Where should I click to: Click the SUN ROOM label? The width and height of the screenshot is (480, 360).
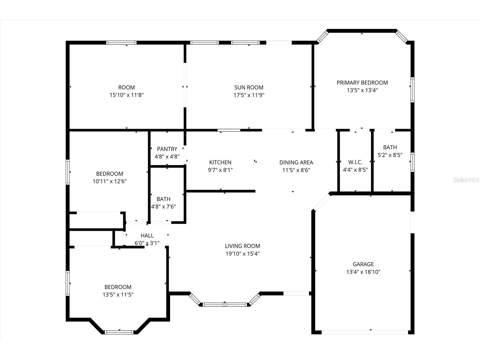(249, 87)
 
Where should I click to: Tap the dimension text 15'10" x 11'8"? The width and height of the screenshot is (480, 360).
(126, 95)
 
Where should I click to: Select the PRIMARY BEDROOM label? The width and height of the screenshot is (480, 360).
(362, 83)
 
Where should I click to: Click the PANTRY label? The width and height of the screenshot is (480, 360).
(167, 149)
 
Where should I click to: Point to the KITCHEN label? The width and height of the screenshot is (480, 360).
(220, 162)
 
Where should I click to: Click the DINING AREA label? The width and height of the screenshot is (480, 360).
(296, 162)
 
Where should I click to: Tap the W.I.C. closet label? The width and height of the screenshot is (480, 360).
(355, 162)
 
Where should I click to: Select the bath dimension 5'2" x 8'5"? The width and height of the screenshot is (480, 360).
(390, 155)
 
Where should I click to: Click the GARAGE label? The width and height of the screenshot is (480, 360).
(363, 264)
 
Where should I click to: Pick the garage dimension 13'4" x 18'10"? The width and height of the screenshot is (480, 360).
(363, 272)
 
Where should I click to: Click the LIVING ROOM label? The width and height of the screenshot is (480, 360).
(242, 246)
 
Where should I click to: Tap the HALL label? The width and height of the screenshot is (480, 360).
(147, 235)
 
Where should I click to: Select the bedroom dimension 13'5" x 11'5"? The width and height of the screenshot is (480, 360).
(118, 295)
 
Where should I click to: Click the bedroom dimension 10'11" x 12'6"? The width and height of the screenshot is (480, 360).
(109, 181)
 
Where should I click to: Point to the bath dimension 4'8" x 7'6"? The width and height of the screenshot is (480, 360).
(163, 207)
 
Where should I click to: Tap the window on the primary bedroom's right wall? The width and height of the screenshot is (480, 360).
(412, 90)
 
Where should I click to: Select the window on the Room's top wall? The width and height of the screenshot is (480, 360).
(121, 43)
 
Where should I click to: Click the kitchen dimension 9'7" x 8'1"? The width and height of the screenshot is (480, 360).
(220, 170)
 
